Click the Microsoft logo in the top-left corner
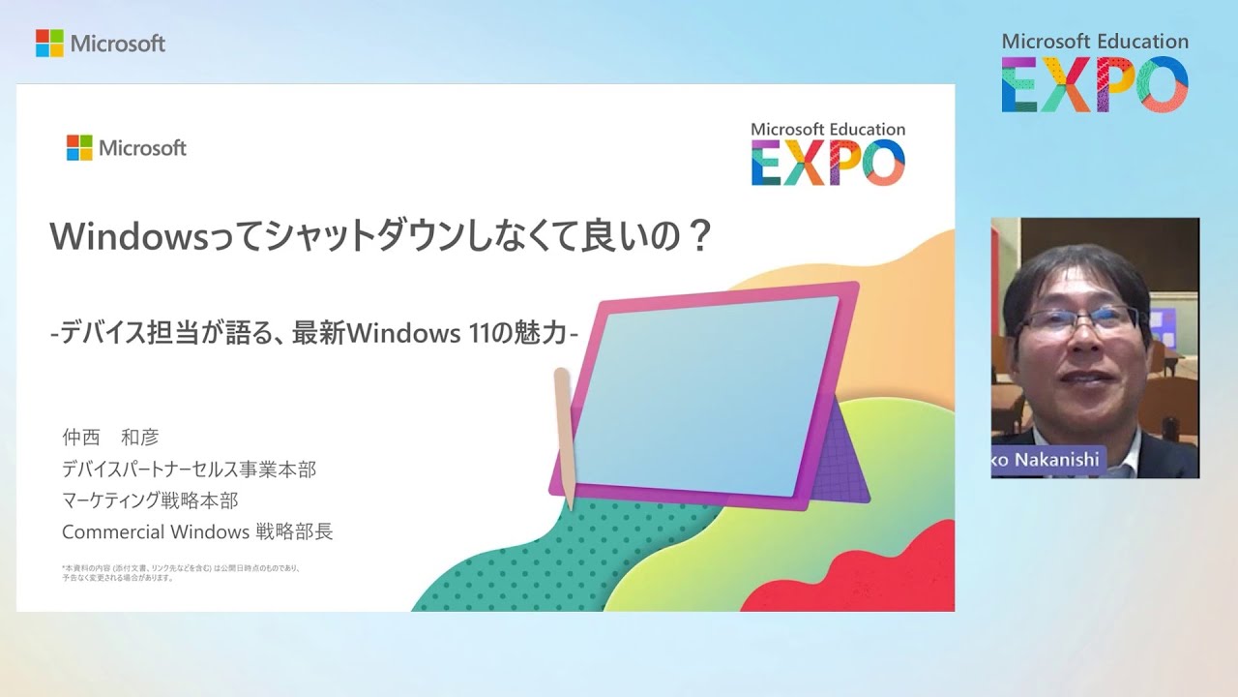coord(101,44)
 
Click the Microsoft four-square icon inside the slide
coord(78,147)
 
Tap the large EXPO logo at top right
coord(1095,84)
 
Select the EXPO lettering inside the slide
coord(828,163)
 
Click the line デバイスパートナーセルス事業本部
coord(189,470)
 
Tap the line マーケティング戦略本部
coord(149,500)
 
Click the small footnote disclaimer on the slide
coord(180,572)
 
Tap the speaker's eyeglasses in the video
coord(1078,319)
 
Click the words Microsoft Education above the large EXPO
coord(1095,42)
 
